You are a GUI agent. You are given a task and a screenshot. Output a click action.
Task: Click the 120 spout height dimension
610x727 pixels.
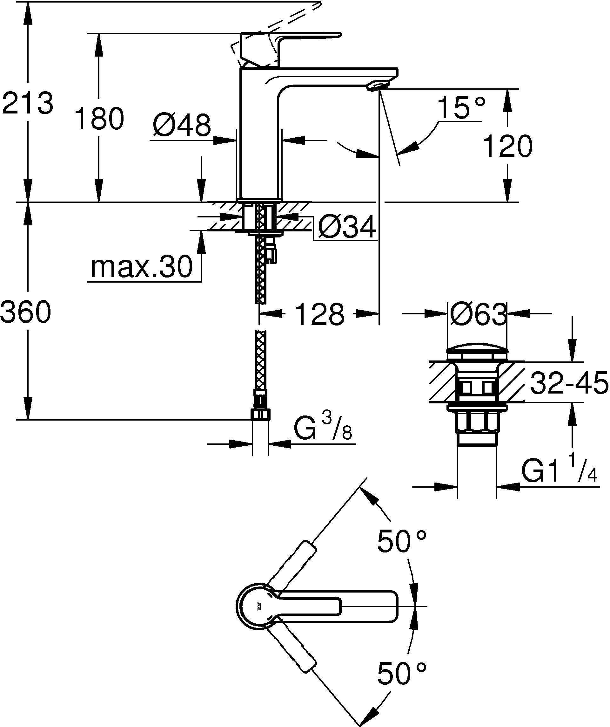(x=507, y=146)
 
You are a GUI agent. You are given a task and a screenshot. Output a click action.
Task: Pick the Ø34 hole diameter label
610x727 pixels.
(x=346, y=228)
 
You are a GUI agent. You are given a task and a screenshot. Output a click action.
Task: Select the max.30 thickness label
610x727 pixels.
(x=141, y=267)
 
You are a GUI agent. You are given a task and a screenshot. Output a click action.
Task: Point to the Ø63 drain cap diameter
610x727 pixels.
(x=478, y=314)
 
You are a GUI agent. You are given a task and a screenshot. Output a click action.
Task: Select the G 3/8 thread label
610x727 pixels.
(x=322, y=430)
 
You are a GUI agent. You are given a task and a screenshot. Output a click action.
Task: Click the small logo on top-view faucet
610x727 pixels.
(x=259, y=607)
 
